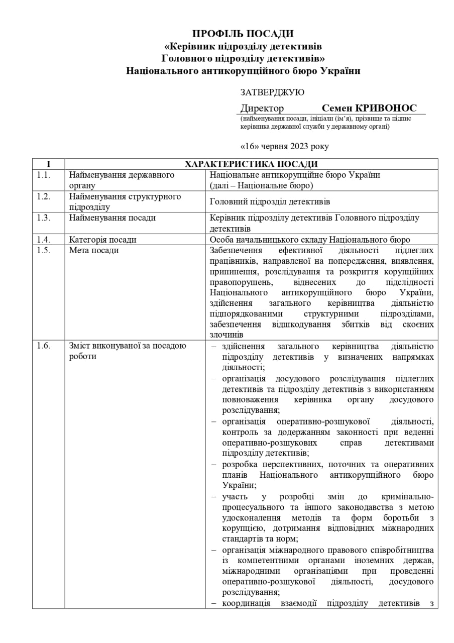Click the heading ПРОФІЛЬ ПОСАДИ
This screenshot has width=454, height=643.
point(243,34)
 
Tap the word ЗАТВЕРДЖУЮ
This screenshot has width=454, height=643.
point(272,92)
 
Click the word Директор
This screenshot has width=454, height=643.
point(262,109)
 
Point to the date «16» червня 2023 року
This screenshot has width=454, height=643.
point(285,146)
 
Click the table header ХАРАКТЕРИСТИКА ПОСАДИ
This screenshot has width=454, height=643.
point(251,164)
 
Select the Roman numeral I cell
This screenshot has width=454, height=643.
point(48,164)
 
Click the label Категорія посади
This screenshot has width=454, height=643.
point(102,240)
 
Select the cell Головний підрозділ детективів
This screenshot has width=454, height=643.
point(270,202)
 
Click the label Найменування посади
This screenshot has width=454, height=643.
point(112,218)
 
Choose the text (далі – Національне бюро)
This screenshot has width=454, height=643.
point(261,185)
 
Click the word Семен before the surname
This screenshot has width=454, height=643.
point(336,108)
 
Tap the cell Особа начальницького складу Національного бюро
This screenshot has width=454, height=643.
point(309,240)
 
